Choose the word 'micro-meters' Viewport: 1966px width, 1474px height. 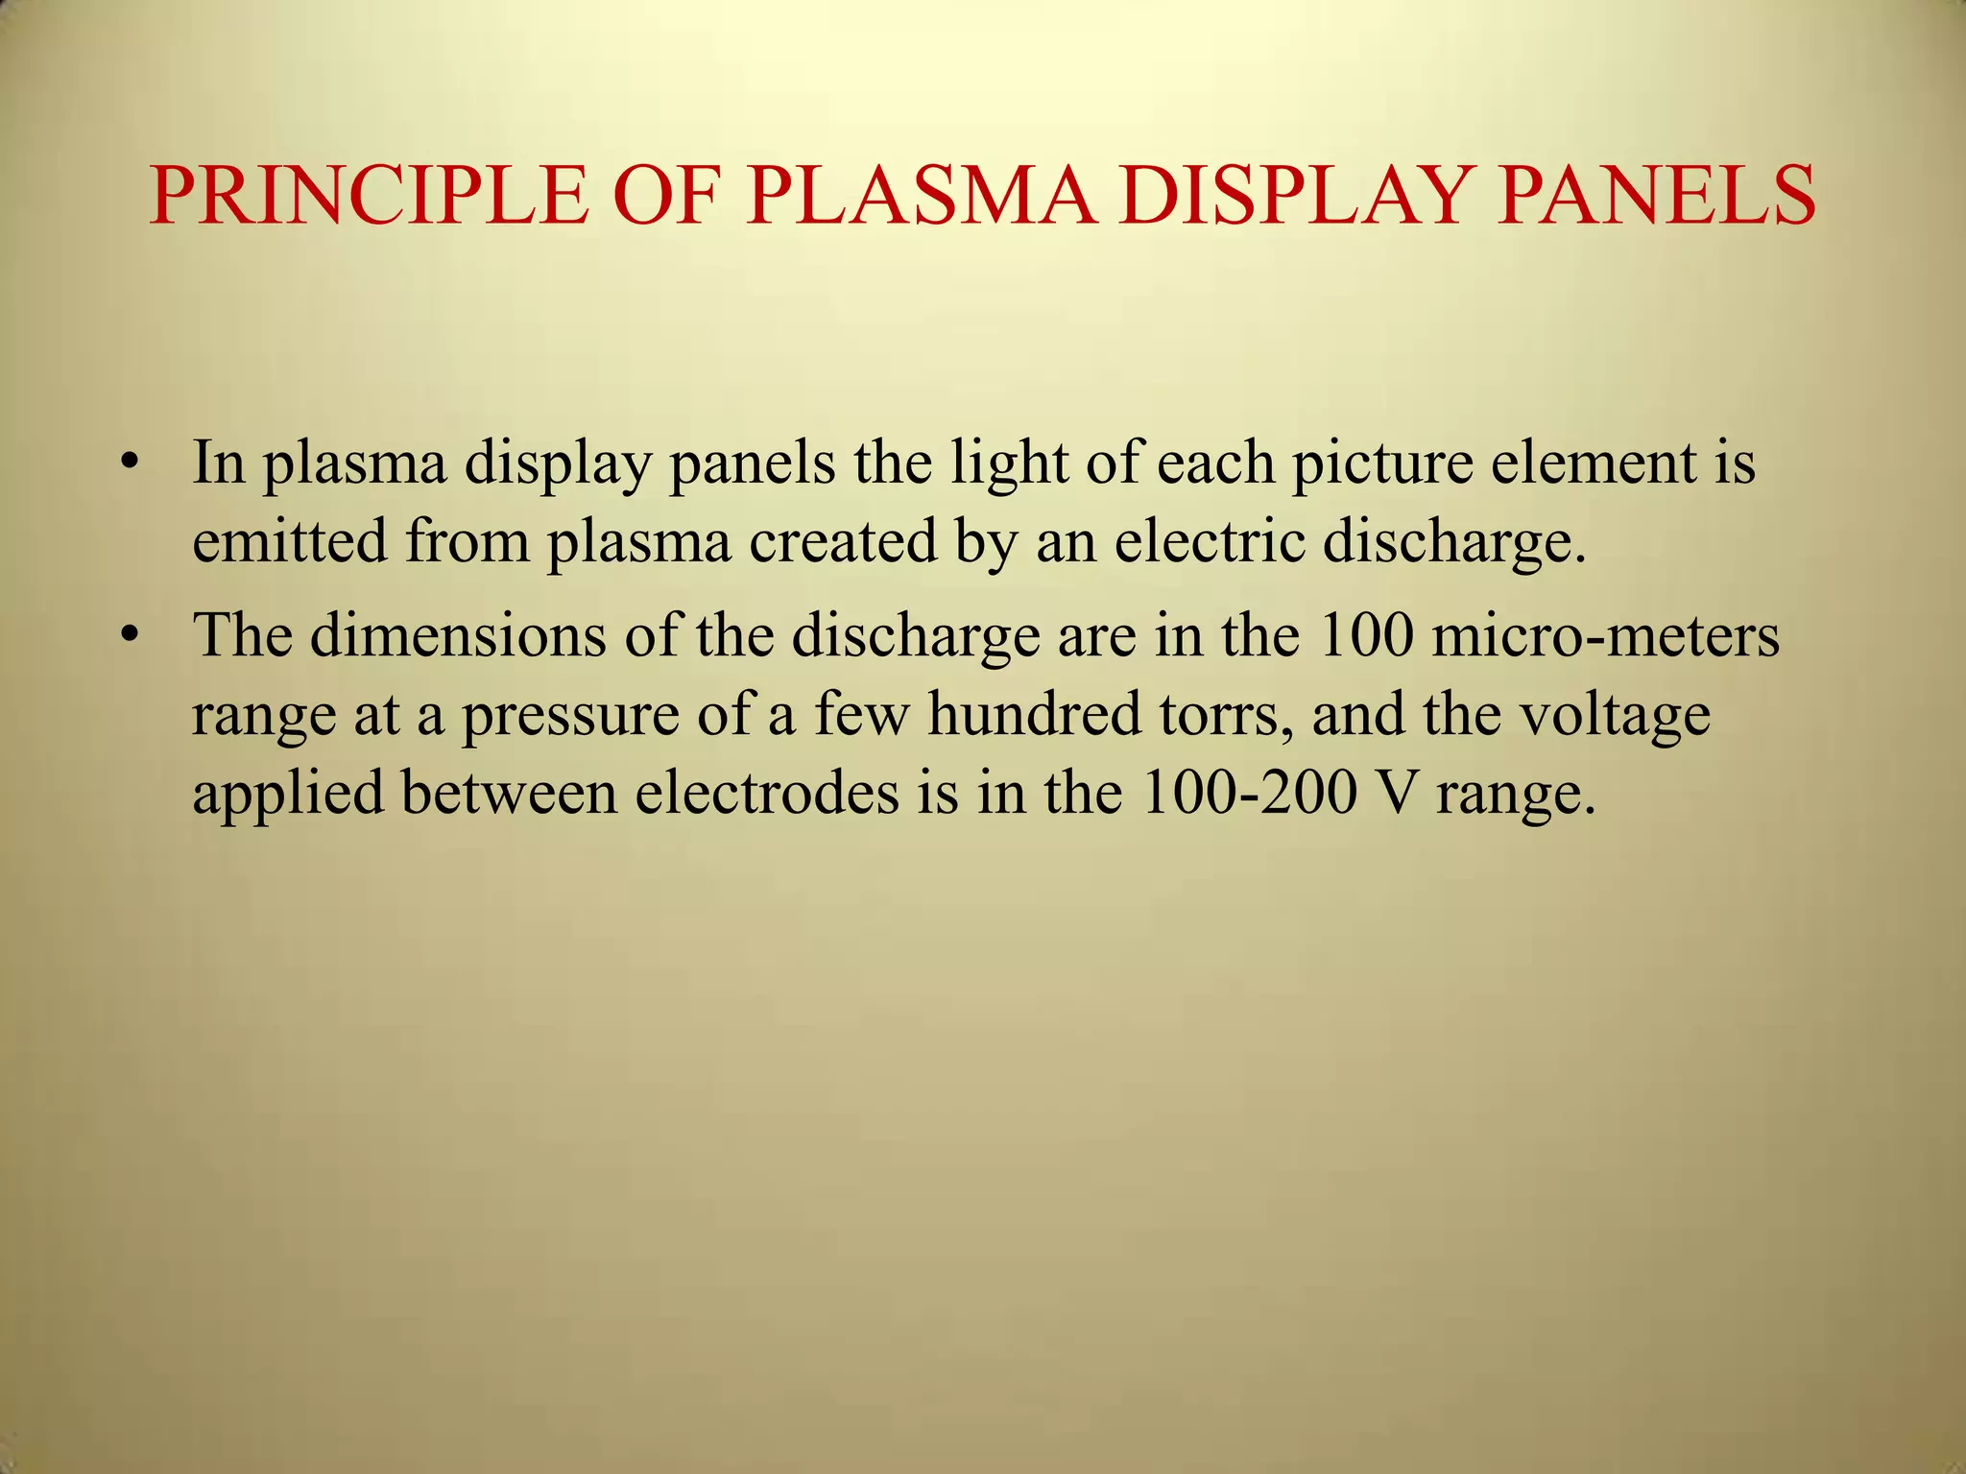[x=1605, y=635]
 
